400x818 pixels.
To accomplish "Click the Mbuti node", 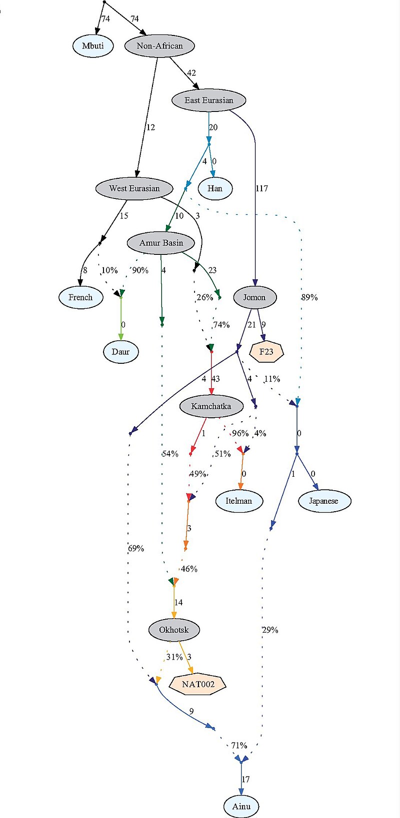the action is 93,46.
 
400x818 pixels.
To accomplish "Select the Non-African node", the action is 159,46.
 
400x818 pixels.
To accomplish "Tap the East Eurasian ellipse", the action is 209,100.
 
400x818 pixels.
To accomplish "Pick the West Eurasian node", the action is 134,188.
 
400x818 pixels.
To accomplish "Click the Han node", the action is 215,188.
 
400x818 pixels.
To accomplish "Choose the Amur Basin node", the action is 161,243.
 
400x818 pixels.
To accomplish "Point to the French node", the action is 80,297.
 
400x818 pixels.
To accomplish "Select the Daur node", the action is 121,352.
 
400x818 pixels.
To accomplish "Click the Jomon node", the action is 254,297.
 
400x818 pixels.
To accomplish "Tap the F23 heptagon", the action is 266,352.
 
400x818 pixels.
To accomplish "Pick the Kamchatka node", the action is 211,406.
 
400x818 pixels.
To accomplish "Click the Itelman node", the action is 239,501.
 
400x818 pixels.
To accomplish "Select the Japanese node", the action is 324,501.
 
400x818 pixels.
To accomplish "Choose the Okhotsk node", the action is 174,630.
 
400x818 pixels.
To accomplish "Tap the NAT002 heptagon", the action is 197,685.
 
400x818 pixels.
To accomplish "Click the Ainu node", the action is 241,807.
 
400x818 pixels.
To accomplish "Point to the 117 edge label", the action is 262,188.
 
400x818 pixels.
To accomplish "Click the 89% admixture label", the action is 309,297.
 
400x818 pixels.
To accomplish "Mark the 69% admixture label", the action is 136,549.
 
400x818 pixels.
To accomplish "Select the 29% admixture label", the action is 270,630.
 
